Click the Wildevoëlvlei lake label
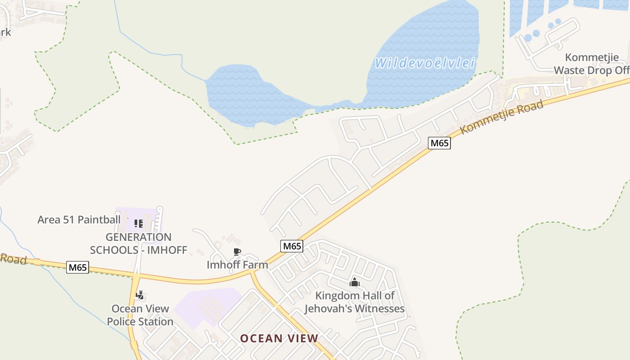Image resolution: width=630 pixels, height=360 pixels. (x=425, y=63)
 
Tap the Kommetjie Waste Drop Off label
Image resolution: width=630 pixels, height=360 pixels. (x=591, y=64)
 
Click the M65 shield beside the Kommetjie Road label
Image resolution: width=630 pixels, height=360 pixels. (x=439, y=143)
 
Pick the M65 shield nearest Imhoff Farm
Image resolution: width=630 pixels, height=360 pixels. (x=292, y=246)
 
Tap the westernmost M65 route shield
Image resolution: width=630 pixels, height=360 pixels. (x=77, y=267)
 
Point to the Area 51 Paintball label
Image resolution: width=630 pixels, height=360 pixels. (x=79, y=220)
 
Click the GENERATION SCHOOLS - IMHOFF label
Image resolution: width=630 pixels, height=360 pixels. (x=139, y=243)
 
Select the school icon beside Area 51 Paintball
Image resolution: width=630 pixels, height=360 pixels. (x=139, y=223)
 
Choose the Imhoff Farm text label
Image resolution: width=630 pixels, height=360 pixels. (x=237, y=265)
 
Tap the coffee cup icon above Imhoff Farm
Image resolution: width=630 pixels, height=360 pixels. (x=237, y=252)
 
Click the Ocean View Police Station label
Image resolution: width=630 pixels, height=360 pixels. (x=140, y=315)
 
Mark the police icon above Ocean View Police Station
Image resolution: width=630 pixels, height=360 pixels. (x=140, y=295)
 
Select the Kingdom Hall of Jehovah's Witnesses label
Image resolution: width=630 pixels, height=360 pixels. (x=355, y=302)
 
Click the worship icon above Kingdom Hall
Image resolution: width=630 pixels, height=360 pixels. (x=355, y=283)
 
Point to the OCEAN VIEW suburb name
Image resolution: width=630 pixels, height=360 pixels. (x=279, y=338)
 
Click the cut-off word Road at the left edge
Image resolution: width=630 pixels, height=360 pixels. (x=13, y=259)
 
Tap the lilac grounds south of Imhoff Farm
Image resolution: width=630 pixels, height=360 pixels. (x=207, y=306)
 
